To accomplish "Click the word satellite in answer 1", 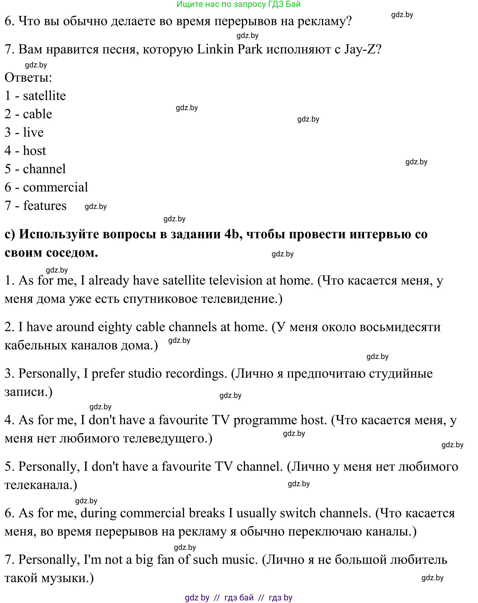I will click(44, 96).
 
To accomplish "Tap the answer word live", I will click(33, 132).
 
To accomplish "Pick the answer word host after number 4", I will click(34, 151).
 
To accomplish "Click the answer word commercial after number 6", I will click(55, 187).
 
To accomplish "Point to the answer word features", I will click(45, 206).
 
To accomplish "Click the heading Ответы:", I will click(28, 77).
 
